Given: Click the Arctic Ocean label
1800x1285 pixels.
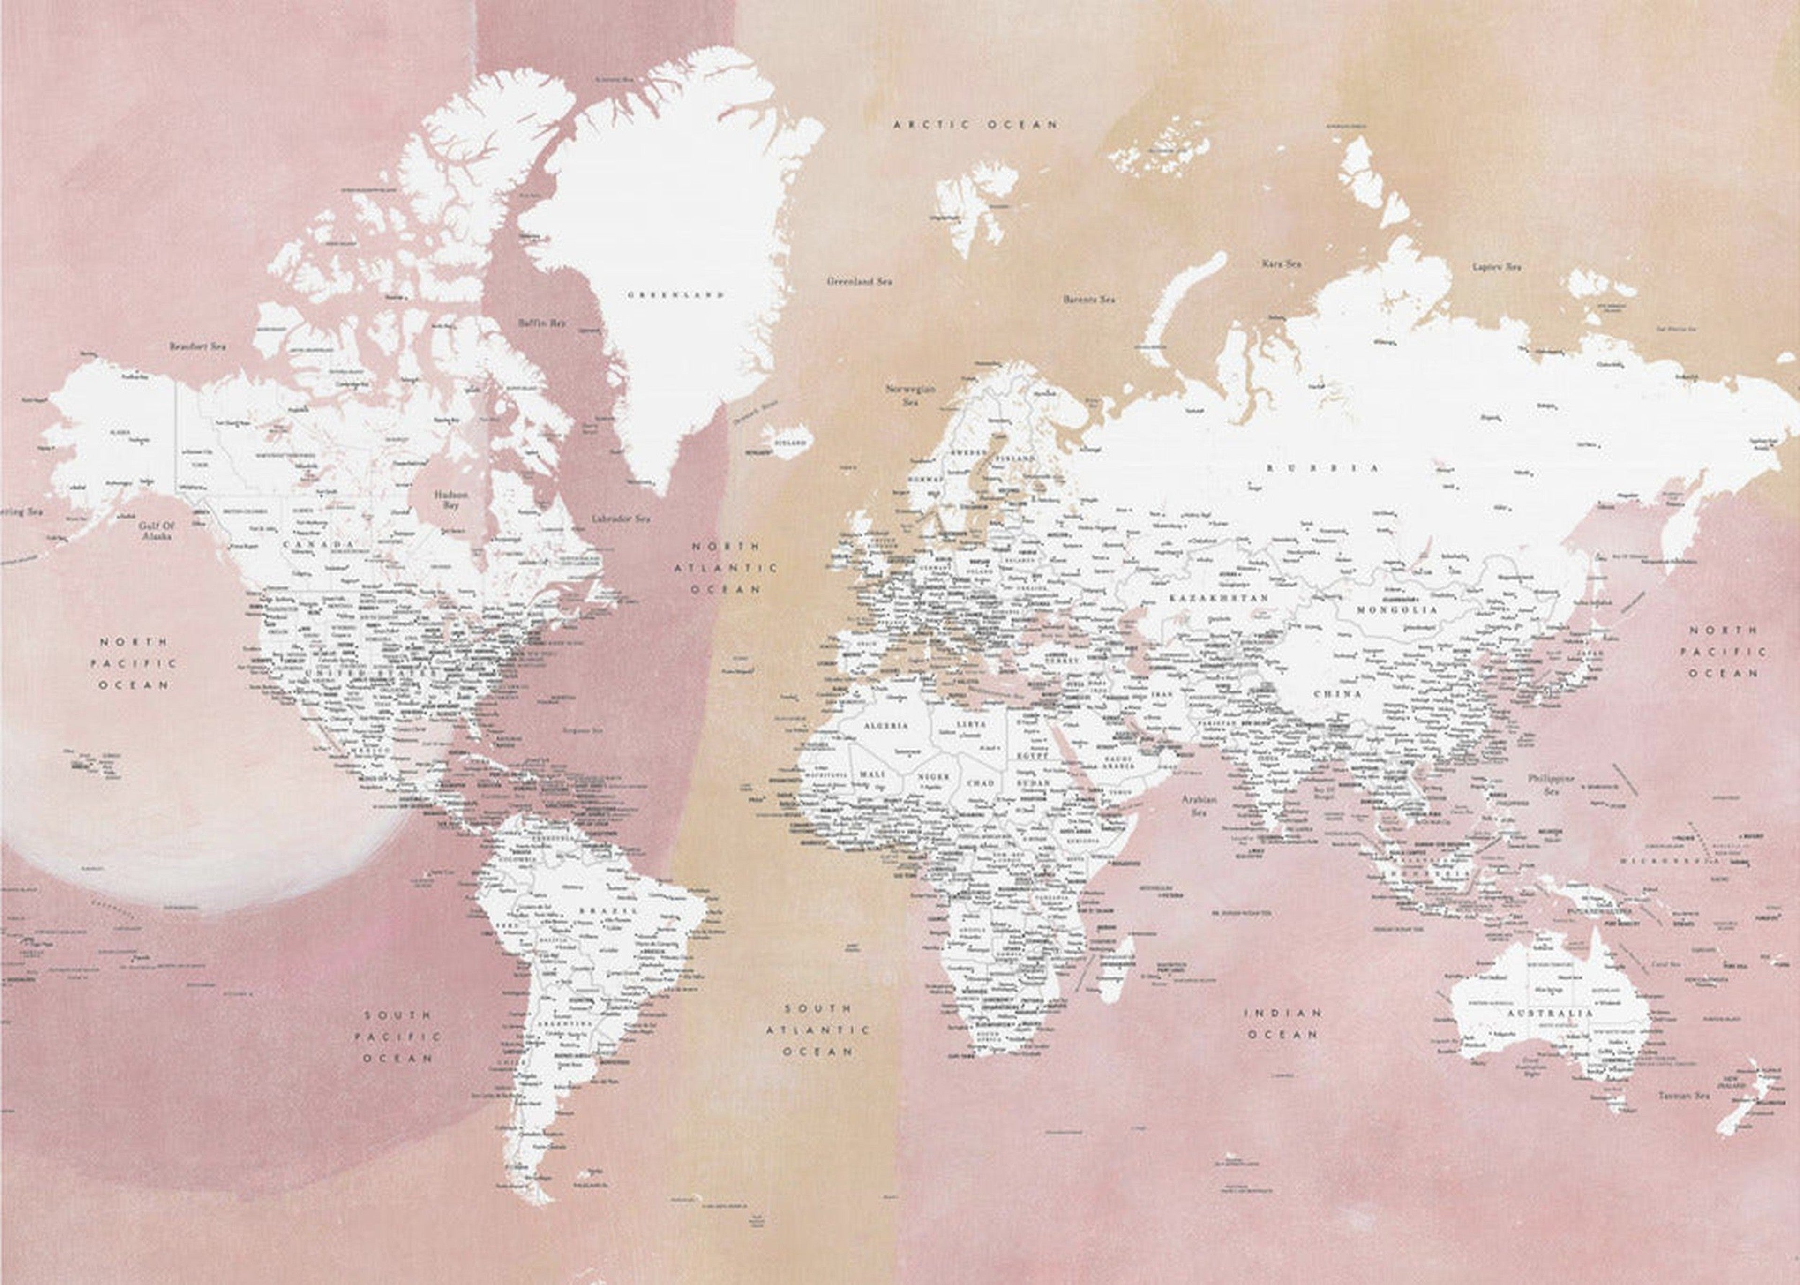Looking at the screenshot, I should tap(975, 124).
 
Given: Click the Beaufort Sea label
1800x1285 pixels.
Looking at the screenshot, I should tap(197, 346).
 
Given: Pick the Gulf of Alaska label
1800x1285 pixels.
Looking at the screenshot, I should tap(156, 530).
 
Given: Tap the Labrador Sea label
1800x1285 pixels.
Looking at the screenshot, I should tap(620, 519).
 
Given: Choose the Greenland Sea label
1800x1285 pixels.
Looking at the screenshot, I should tap(859, 281).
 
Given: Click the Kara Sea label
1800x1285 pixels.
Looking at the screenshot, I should tap(1281, 263).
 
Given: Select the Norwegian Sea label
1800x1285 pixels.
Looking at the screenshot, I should tap(911, 395).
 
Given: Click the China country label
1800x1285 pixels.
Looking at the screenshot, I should tap(1337, 694).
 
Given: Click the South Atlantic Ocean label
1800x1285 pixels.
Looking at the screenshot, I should tap(818, 1030).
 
